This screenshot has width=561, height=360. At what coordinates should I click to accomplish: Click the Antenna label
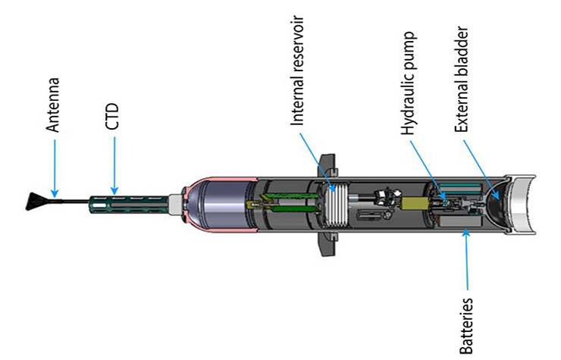[53, 105]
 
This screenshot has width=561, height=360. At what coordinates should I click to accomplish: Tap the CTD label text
[112, 116]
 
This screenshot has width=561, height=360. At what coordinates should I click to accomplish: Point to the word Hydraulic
[408, 105]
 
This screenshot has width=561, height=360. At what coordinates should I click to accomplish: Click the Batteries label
[466, 326]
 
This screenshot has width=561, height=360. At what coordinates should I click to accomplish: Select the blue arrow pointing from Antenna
[55, 168]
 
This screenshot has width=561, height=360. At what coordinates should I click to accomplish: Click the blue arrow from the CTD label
[114, 165]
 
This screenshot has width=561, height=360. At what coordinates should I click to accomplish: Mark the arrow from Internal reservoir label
[318, 162]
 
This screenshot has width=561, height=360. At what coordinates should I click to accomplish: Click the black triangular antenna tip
[35, 202]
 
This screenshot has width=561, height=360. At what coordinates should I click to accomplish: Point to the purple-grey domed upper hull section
[218, 205]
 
